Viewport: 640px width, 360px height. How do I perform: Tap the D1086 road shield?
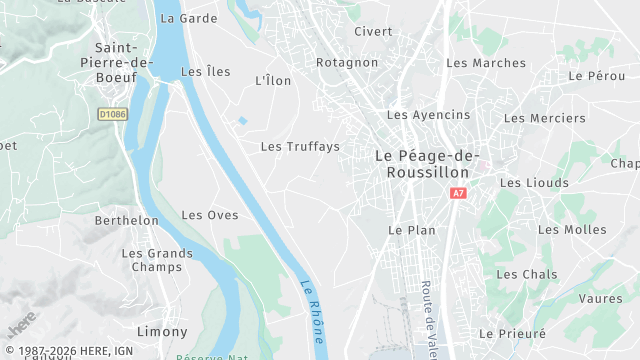[113, 115]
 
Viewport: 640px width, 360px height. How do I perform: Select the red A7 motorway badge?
[458, 193]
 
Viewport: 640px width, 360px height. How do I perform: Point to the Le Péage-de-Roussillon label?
[427, 164]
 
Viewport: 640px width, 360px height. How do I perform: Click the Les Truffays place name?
[300, 147]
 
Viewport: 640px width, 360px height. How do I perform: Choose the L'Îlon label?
[273, 81]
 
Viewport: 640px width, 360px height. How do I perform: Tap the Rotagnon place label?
[347, 63]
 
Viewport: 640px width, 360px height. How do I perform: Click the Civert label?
[373, 32]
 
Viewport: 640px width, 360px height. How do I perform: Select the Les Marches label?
[486, 64]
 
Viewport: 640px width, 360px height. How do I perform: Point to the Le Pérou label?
[596, 76]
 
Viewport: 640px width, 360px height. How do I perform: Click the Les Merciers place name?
[544, 118]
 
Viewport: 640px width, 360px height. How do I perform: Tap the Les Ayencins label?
[428, 115]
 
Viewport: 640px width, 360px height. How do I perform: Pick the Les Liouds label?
[534, 183]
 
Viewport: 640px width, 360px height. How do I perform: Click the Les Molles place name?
[572, 230]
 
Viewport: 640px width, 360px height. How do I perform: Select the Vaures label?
[600, 299]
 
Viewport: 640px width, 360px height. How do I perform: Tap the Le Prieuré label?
[512, 334]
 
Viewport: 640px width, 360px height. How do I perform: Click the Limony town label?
[162, 332]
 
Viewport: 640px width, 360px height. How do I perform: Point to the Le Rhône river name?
[314, 310]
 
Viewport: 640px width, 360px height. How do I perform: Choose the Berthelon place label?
[127, 221]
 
